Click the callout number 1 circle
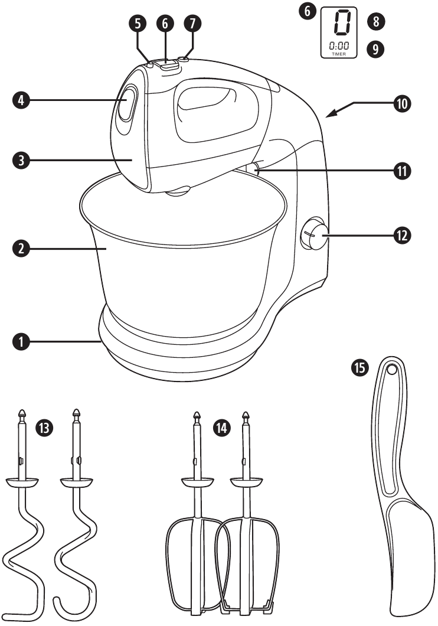(21, 341)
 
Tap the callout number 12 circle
(403, 235)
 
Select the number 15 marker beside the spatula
(359, 369)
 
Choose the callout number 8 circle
(375, 22)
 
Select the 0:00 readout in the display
(339, 45)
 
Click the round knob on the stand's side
(316, 235)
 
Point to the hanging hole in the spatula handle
(391, 370)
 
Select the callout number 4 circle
(21, 100)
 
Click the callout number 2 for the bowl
(21, 249)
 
